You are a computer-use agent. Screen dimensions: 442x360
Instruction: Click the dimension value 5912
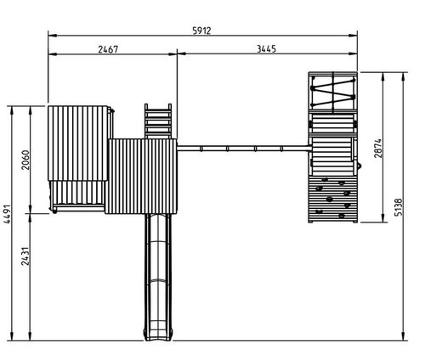(x=201, y=31)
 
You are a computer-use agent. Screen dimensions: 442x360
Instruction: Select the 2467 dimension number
(x=108, y=49)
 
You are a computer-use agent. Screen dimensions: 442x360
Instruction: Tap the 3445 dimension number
(x=266, y=49)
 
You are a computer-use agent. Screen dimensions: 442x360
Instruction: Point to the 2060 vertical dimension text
(x=25, y=160)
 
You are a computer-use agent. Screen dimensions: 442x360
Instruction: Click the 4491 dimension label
(x=7, y=214)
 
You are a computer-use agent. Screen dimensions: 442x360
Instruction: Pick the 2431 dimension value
(x=25, y=256)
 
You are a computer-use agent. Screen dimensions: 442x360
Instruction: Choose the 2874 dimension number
(x=378, y=148)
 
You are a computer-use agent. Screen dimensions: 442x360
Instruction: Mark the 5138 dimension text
(x=399, y=207)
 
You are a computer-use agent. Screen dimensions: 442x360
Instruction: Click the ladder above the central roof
(x=158, y=121)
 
